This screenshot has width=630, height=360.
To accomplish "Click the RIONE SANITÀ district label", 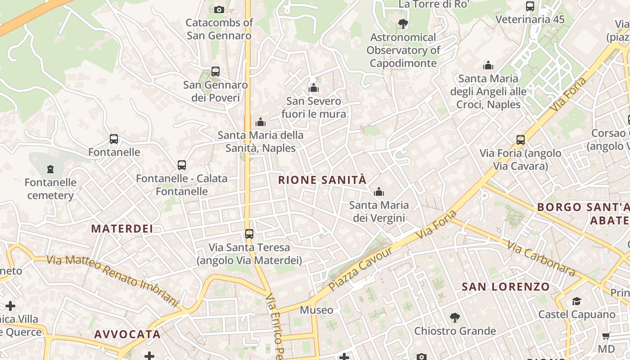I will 322,180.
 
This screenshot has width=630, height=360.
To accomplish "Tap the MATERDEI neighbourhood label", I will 122,229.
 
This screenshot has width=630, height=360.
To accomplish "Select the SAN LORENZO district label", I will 506,287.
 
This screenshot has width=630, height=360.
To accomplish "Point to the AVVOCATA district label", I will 127,334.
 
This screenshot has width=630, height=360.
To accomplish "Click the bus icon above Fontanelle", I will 114,139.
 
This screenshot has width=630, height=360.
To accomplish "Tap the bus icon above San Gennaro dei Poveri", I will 216,72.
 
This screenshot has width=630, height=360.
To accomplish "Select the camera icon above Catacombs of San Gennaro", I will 219,9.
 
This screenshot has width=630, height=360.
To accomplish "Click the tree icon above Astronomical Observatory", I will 403,24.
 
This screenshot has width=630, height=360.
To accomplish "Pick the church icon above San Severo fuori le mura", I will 314,88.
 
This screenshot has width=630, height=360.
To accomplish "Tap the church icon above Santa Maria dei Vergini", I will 379,192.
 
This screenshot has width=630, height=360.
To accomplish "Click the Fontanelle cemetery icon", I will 50,169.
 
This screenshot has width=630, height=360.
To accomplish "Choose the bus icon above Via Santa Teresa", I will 249,234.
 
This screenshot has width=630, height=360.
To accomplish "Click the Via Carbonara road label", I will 541,259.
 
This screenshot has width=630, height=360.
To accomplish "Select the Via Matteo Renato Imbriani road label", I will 113,279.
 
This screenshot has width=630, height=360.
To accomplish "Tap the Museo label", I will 316,310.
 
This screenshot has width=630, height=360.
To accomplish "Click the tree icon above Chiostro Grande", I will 455,318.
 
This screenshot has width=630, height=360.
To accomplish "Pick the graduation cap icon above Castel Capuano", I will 576,301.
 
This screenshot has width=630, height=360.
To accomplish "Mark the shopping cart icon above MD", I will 606,336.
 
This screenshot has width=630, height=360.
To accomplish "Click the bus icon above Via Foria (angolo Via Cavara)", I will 521,140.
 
